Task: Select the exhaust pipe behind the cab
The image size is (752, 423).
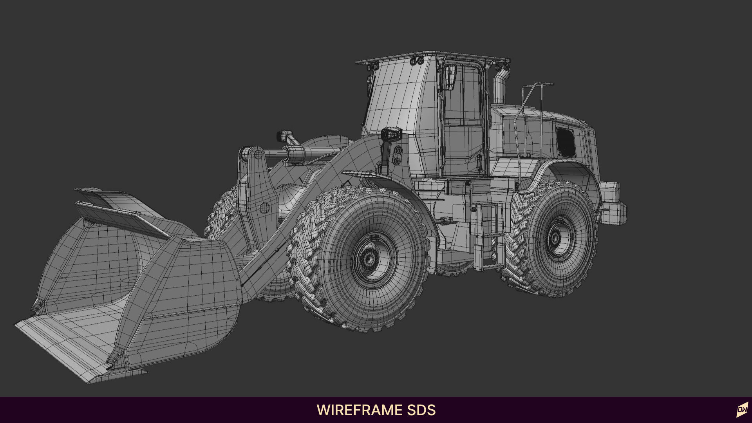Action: click(499, 89)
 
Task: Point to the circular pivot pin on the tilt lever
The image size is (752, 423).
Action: click(265, 208)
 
